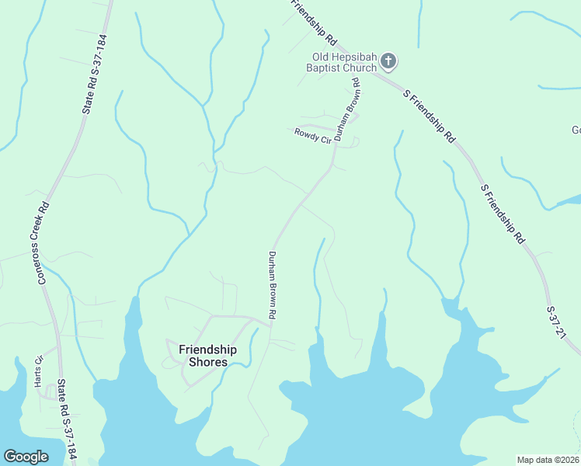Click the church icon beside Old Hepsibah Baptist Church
click(x=389, y=61)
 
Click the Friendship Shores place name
click(x=203, y=356)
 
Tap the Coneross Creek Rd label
click(x=44, y=242)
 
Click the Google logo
click(x=26, y=457)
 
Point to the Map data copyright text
click(x=548, y=460)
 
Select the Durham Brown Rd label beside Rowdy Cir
click(x=352, y=109)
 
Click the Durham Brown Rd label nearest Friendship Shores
click(x=273, y=285)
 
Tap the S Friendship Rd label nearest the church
click(x=429, y=116)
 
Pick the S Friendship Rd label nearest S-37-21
click(x=503, y=214)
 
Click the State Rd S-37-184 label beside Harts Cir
click(x=67, y=421)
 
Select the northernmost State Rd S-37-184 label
click(x=93, y=75)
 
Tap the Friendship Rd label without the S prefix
click(x=314, y=21)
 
